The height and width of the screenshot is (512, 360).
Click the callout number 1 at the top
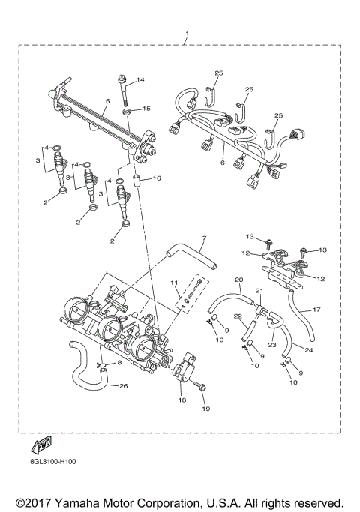pyautogui.click(x=187, y=34)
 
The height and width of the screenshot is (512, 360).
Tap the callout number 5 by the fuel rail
pyautogui.click(x=109, y=100)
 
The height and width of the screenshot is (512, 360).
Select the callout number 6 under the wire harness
pyautogui.click(x=223, y=161)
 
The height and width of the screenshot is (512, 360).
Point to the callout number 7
pyautogui.click(x=203, y=238)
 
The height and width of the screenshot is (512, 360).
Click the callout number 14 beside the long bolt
pyautogui.click(x=140, y=80)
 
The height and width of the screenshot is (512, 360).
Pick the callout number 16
pyautogui.click(x=157, y=178)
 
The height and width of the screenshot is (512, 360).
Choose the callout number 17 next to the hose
pyautogui.click(x=316, y=309)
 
